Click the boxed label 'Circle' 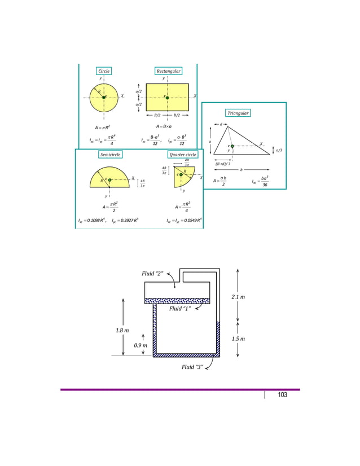coord(104,71)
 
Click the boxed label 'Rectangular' coord(168,71)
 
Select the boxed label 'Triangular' coord(238,113)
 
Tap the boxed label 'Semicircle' coord(111,155)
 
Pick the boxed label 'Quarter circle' coord(182,155)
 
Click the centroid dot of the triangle coord(232,146)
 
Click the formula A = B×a coord(168,126)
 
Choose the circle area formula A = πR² coord(103,128)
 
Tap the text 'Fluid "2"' coord(152,274)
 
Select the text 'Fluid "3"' coord(192,367)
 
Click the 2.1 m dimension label coord(238,297)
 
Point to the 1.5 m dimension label coord(238,339)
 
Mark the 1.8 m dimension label coord(122,330)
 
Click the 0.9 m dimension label coord(141,345)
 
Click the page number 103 coord(282,395)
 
